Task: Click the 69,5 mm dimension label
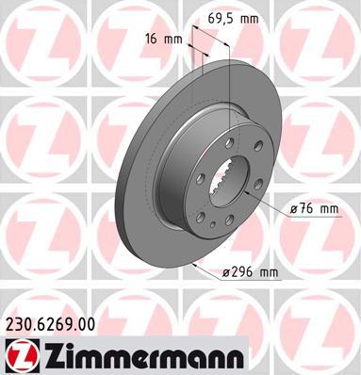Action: [233, 19]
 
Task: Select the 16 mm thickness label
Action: [163, 40]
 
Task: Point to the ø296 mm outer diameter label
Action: [250, 272]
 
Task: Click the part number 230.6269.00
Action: [50, 324]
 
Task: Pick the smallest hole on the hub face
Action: [214, 224]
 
